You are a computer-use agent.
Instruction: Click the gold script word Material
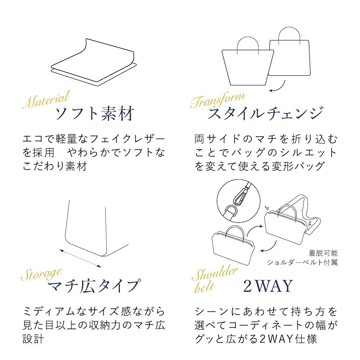(x=46, y=99)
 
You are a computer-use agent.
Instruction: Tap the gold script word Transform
(x=218, y=100)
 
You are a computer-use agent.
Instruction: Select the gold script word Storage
(x=42, y=274)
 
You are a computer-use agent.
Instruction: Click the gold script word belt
(x=205, y=287)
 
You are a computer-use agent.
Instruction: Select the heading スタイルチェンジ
(x=265, y=113)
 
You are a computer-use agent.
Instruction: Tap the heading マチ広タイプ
(x=94, y=286)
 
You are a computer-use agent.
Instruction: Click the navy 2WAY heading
(x=268, y=286)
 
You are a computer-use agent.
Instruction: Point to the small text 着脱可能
(x=323, y=253)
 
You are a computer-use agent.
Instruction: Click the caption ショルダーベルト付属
(x=302, y=262)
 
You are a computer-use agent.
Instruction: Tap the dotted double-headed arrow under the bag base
(x=80, y=258)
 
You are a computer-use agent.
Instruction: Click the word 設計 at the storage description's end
(x=33, y=339)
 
